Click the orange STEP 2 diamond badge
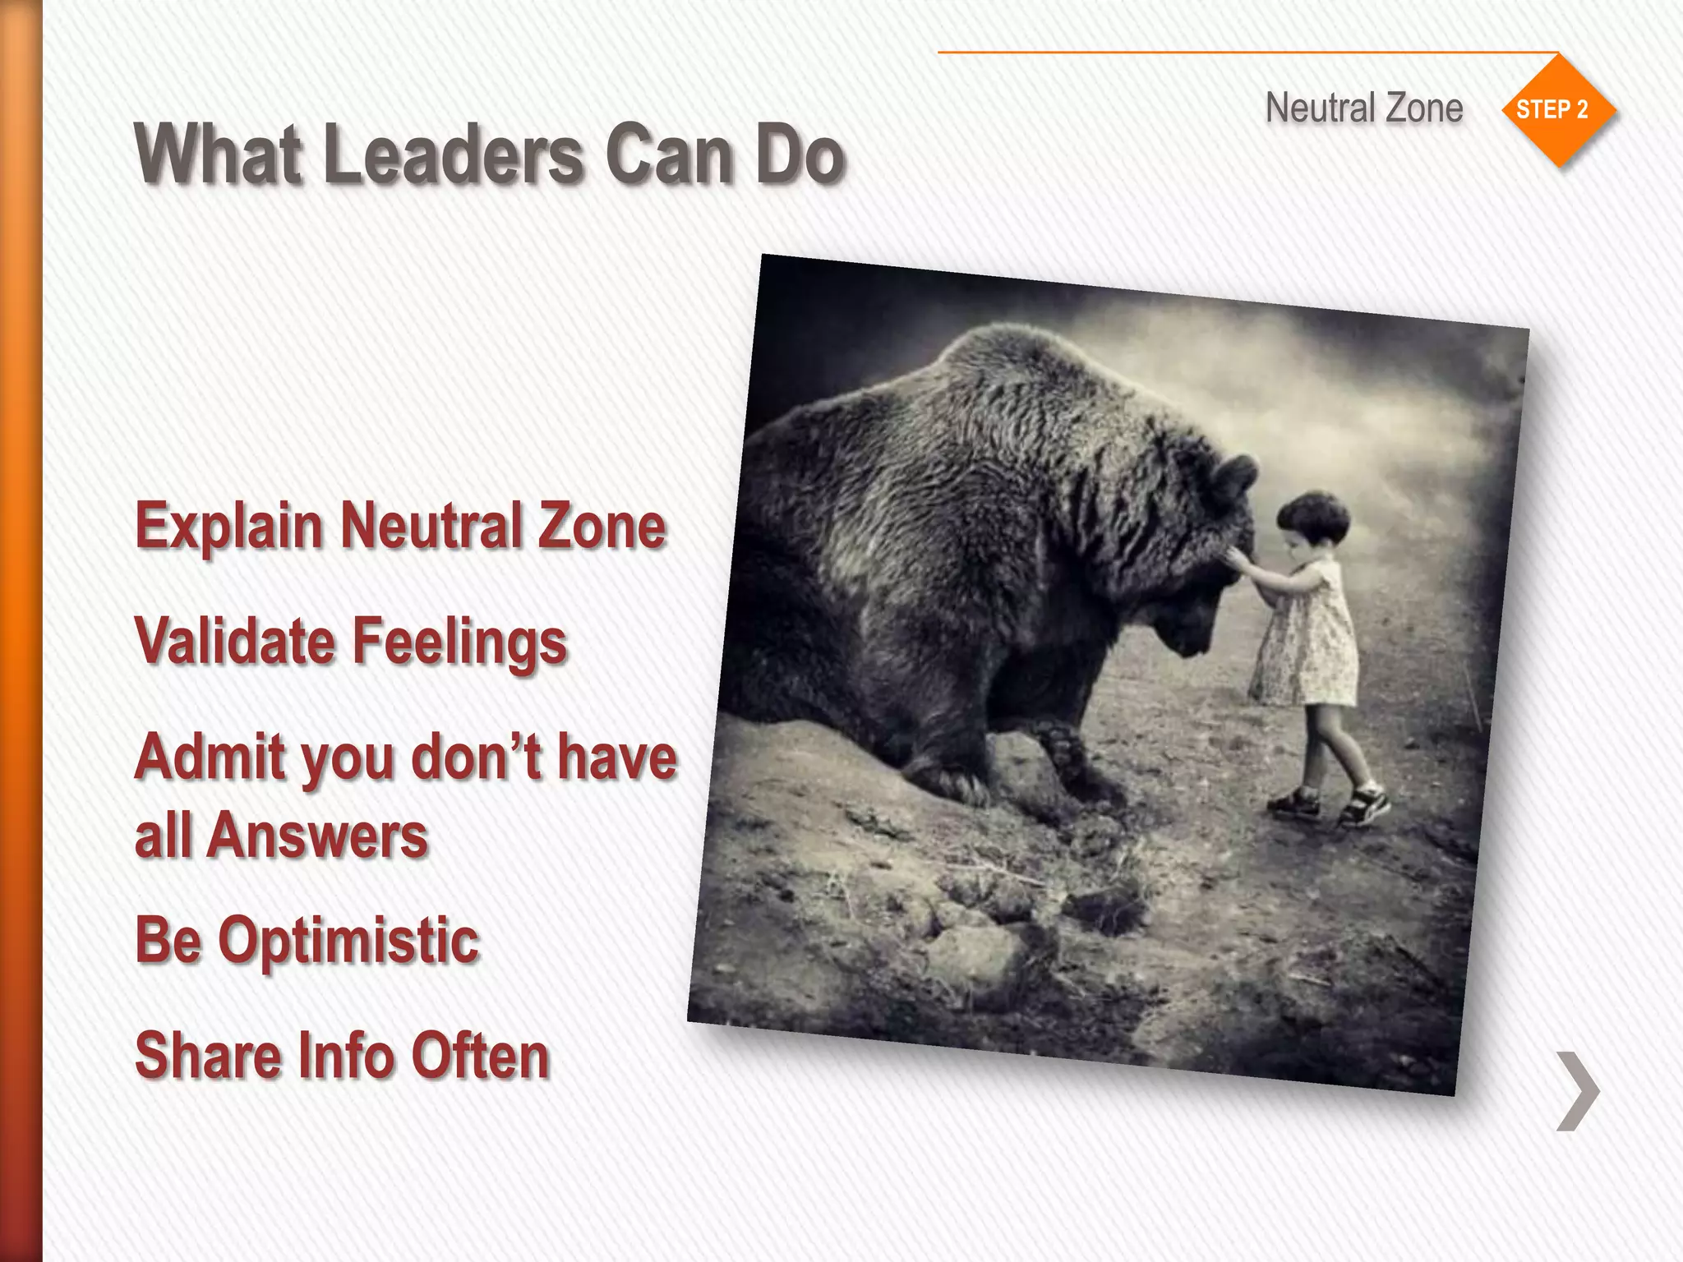pyautogui.click(x=1557, y=110)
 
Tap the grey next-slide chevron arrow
pyautogui.click(x=1577, y=1090)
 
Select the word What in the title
pyautogui.click(x=219, y=154)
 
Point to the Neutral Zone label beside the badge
pyautogui.click(x=1364, y=108)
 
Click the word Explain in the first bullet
pyautogui.click(x=229, y=527)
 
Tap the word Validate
pyautogui.click(x=235, y=641)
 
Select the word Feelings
pyautogui.click(x=460, y=643)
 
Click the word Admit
pyautogui.click(x=209, y=757)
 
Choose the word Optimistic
pyautogui.click(x=348, y=941)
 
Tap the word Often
pyautogui.click(x=480, y=1056)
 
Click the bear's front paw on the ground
pyautogui.click(x=945, y=781)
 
